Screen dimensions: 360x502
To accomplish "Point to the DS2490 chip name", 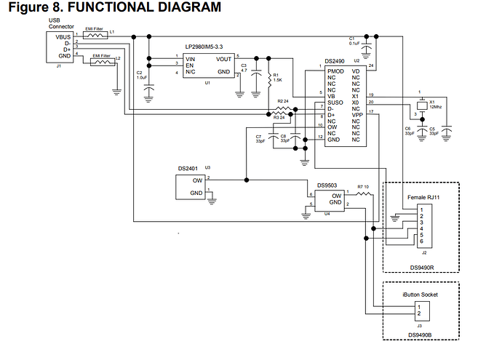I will click(336, 62).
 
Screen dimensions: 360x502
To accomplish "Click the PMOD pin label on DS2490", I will click(336, 71).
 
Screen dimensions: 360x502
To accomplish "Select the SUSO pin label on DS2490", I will click(335, 103).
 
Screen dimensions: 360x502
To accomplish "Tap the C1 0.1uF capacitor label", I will click(356, 41).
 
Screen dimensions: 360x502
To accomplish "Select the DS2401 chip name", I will click(188, 168).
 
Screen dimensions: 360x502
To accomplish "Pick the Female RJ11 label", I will click(422, 198).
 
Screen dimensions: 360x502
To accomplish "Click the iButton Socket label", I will click(421, 295).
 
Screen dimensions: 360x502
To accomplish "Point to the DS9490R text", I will click(422, 268).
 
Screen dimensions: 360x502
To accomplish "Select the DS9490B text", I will click(421, 336).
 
